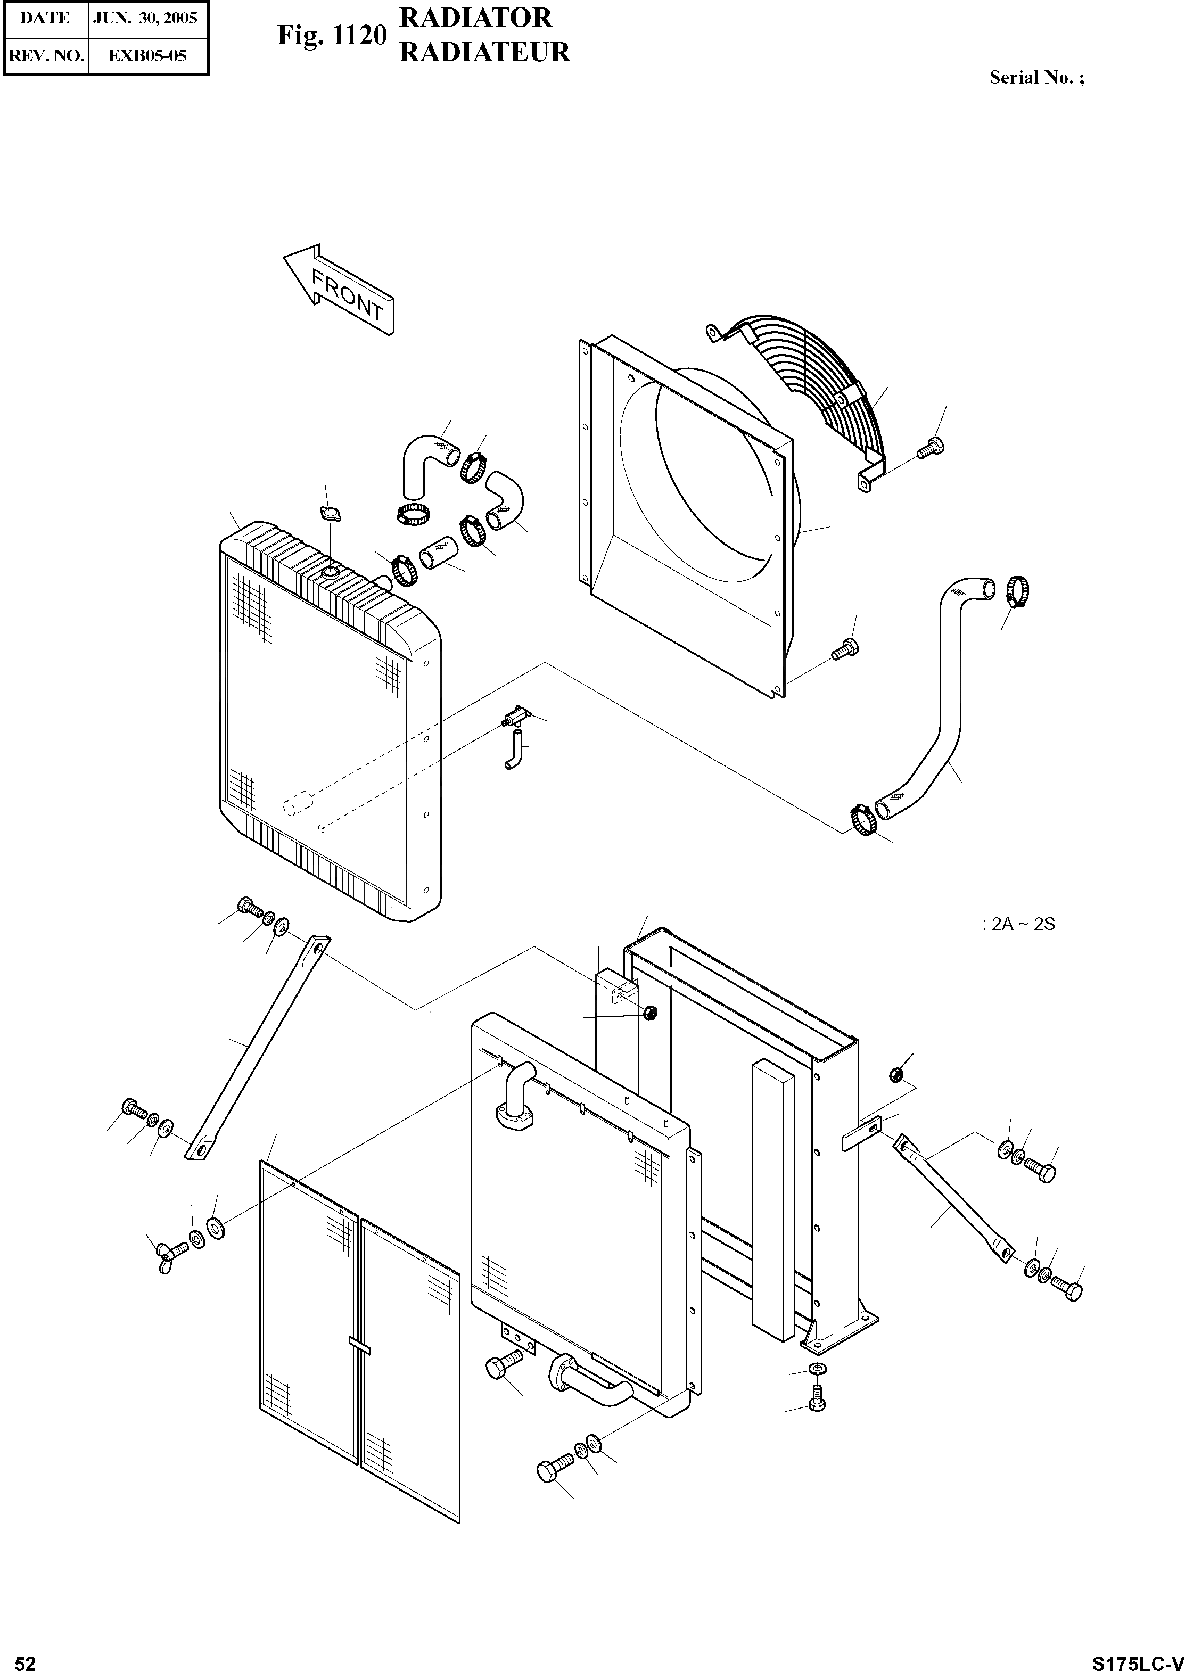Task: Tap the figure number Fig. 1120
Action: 330,35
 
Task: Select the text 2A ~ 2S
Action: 1022,925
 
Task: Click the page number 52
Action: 25,1658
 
